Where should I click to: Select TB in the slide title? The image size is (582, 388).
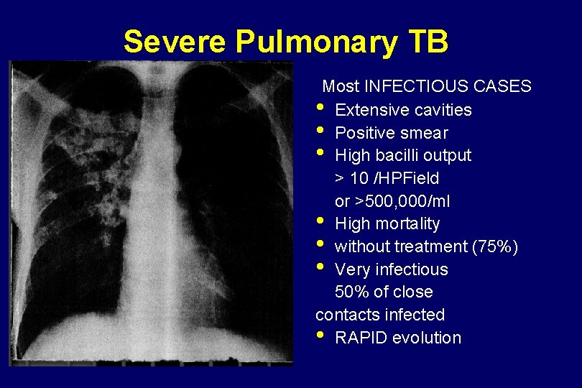tap(427, 42)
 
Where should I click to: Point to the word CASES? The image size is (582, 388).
tap(503, 87)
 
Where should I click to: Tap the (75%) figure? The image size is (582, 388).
tap(495, 246)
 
